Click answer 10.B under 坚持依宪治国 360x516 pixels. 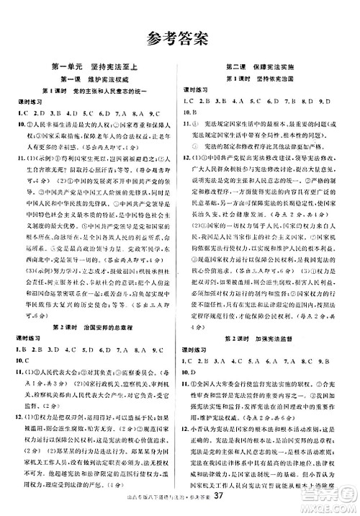[188, 114]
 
